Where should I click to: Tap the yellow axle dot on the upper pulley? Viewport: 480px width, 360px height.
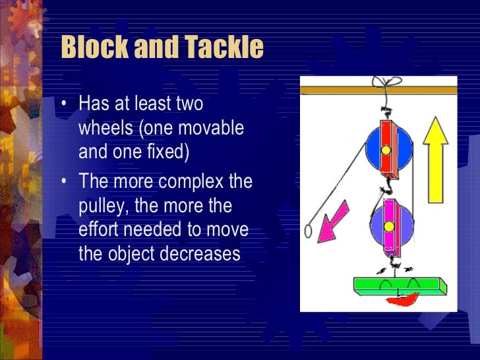(386, 149)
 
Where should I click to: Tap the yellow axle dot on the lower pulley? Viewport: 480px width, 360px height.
(390, 227)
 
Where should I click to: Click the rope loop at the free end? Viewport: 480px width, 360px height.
(308, 231)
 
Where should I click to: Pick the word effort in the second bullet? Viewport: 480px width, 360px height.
(98, 230)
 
